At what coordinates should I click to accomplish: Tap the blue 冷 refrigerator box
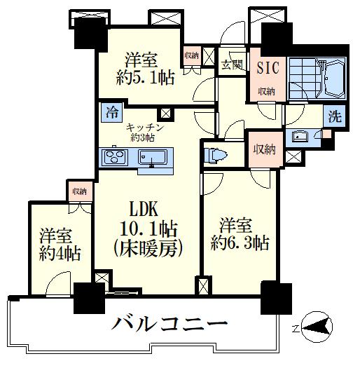coord(111,111)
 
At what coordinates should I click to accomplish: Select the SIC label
coord(266,69)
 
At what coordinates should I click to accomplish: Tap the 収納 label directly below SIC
coord(266,90)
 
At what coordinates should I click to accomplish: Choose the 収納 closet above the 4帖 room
coord(78,190)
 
